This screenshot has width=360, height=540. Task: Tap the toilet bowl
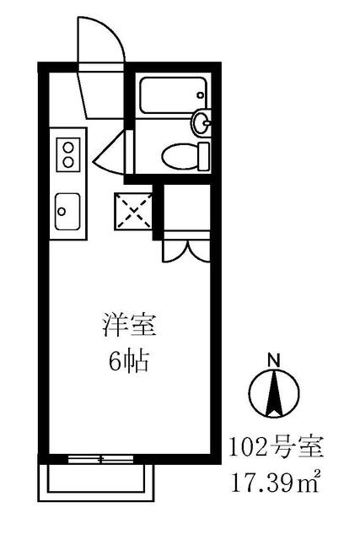178,154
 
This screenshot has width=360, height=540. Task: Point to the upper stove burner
67,147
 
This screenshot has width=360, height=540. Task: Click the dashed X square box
132,210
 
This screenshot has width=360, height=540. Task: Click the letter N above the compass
271,359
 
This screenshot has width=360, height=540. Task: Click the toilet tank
203,155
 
